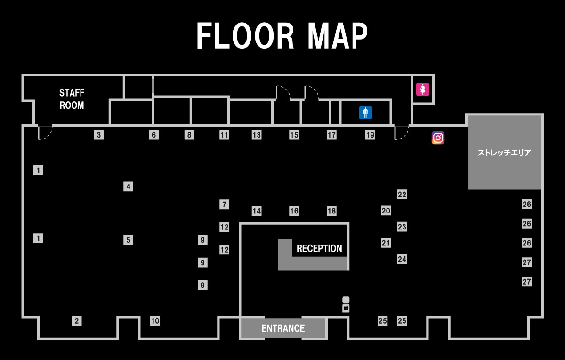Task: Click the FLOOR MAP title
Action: [x=282, y=36]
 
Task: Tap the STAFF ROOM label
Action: [x=72, y=99]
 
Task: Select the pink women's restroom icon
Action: [x=422, y=89]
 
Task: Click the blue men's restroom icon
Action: [x=366, y=113]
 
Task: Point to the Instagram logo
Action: [x=438, y=138]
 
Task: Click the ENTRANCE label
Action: [x=283, y=328]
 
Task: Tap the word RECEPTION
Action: [x=319, y=248]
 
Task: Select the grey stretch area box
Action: [x=504, y=152]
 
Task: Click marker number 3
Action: [x=98, y=135]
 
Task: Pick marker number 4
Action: [x=128, y=187]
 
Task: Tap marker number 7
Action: [x=225, y=205]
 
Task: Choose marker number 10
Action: [x=155, y=321]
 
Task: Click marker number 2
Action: [x=77, y=321]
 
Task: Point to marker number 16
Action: [x=294, y=211]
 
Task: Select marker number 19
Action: [x=370, y=135]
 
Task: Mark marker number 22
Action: [x=402, y=195]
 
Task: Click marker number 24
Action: [x=402, y=259]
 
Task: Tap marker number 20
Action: [x=386, y=211]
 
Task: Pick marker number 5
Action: [x=128, y=240]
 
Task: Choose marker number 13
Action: [x=256, y=135]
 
